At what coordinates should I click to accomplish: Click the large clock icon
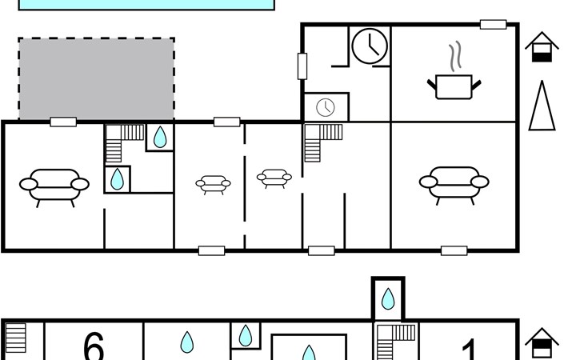[370, 46]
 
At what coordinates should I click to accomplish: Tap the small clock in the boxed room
[326, 107]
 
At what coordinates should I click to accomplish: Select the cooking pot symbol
[454, 87]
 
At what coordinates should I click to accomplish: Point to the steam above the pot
[455, 56]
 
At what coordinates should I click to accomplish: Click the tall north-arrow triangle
[542, 106]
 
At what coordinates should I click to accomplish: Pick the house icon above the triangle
[542, 47]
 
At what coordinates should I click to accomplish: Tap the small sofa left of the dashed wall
[213, 185]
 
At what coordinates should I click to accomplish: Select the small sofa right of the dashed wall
[274, 178]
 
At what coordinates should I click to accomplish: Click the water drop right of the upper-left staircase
[160, 137]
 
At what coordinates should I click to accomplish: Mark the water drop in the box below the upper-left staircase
[118, 179]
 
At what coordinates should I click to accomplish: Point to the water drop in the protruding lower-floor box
[388, 298]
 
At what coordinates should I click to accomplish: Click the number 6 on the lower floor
[94, 346]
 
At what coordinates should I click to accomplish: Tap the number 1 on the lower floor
[469, 349]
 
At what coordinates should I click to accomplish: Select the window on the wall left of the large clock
[302, 66]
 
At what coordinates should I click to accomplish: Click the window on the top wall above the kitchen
[493, 25]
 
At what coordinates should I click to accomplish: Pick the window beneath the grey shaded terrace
[63, 122]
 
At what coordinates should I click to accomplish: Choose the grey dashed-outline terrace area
[97, 78]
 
